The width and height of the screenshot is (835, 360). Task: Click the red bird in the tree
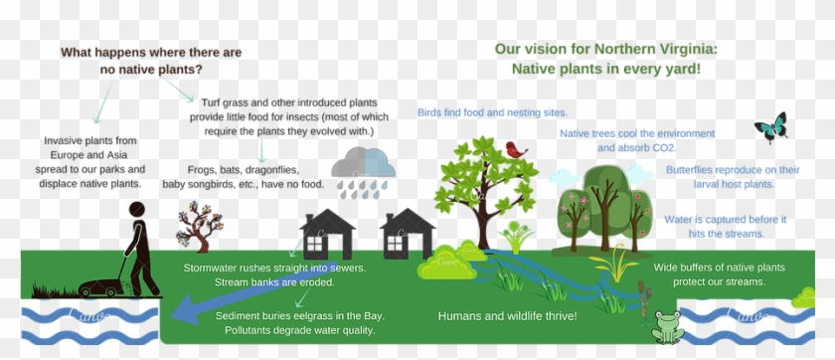point(515,150)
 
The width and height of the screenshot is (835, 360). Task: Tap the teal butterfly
point(770,127)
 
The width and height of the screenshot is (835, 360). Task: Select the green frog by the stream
point(667,326)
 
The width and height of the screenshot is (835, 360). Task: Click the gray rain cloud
point(363,164)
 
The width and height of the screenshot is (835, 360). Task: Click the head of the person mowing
point(137,209)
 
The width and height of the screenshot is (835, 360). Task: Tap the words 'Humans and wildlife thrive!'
point(507,316)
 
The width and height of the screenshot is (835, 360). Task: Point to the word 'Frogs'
point(203,170)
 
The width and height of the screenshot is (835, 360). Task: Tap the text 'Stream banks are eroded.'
point(270,283)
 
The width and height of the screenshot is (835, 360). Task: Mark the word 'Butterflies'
point(692,170)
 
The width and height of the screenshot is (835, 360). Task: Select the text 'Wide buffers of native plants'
point(719,268)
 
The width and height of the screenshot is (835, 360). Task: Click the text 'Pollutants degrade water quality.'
point(300,330)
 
